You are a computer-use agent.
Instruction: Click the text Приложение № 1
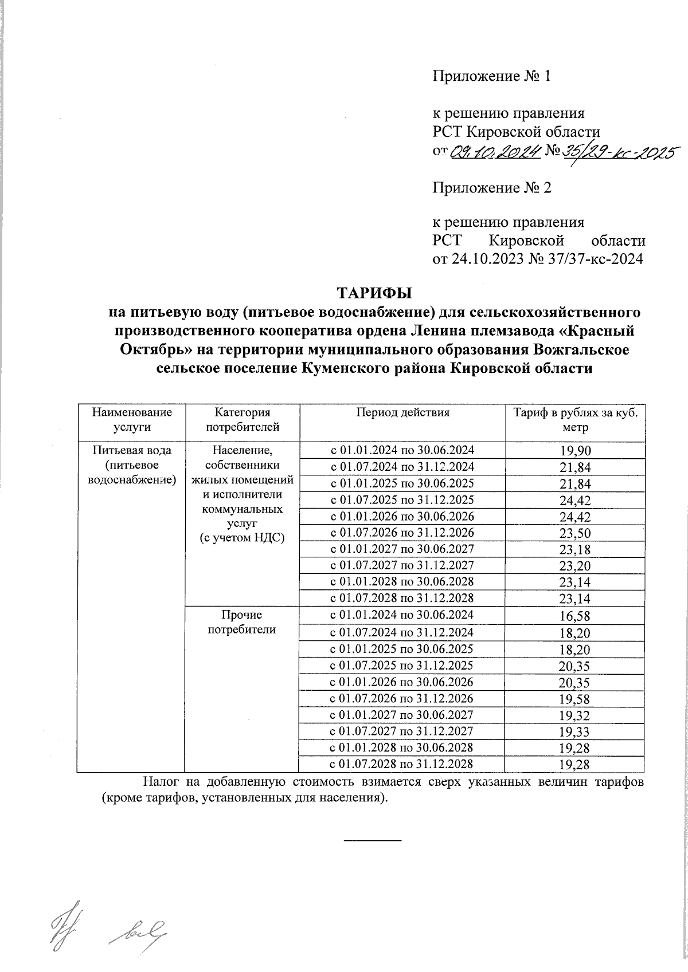point(491,77)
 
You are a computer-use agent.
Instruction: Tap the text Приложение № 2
point(491,188)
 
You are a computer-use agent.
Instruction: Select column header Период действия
point(402,412)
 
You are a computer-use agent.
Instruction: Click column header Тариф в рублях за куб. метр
point(574,419)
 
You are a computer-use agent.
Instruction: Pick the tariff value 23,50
point(574,534)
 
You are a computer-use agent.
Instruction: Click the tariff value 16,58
point(574,617)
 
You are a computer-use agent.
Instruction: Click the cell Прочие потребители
point(241,622)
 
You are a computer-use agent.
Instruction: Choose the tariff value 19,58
point(574,699)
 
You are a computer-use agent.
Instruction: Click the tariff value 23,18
point(574,550)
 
